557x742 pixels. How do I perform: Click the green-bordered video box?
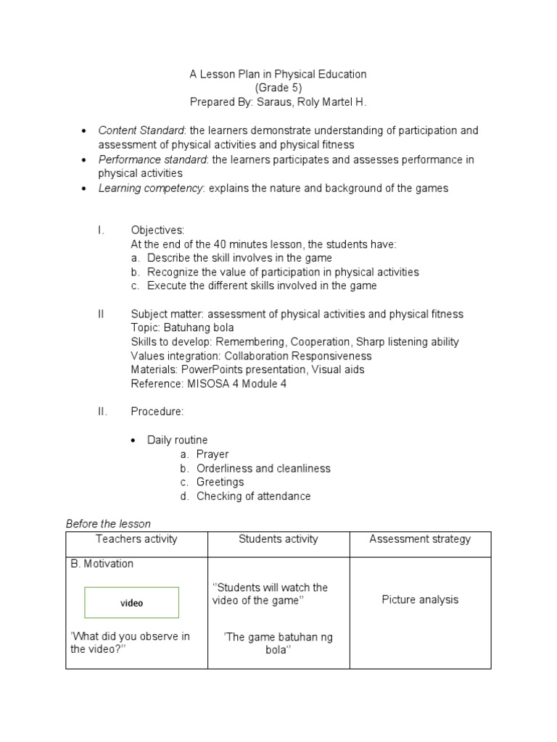pyautogui.click(x=131, y=603)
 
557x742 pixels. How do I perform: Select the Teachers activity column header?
pyautogui.click(x=136, y=539)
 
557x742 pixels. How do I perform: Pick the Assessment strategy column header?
pyautogui.click(x=420, y=539)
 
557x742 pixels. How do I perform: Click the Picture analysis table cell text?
pyautogui.click(x=420, y=600)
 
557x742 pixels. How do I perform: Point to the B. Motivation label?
pyautogui.click(x=102, y=564)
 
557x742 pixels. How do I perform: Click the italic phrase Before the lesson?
pyautogui.click(x=108, y=524)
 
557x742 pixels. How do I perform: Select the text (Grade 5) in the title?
pyautogui.click(x=278, y=88)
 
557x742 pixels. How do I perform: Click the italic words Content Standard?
pyautogui.click(x=142, y=130)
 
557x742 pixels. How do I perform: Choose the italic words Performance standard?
pyautogui.click(x=152, y=159)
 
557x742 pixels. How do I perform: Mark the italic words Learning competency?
pyautogui.click(x=150, y=188)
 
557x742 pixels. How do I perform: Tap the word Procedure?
pyautogui.click(x=157, y=412)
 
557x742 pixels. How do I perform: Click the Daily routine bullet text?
pyautogui.click(x=177, y=440)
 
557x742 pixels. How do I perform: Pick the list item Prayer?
pyautogui.click(x=213, y=454)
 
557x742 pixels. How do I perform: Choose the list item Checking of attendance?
pyautogui.click(x=253, y=496)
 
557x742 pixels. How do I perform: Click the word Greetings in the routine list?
pyautogui.click(x=220, y=482)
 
